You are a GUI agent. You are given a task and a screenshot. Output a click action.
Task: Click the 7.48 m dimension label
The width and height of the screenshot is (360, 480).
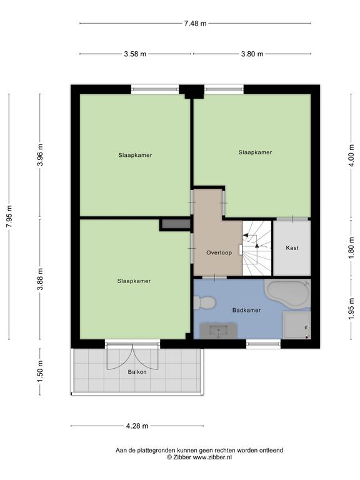[x=195, y=23]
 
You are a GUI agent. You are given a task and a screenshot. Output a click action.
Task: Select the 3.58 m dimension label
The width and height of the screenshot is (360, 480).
[x=135, y=54]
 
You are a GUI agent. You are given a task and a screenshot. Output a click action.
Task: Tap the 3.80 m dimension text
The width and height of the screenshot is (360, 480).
[x=252, y=54]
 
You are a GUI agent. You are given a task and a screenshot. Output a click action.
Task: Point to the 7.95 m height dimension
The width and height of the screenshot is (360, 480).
[x=9, y=216]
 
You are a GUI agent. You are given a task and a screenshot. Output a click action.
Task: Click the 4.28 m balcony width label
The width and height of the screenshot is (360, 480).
[x=137, y=426]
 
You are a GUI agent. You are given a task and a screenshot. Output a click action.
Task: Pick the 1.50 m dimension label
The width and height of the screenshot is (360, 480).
[x=40, y=371]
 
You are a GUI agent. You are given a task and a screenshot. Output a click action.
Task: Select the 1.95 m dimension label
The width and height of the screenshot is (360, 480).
[x=351, y=309]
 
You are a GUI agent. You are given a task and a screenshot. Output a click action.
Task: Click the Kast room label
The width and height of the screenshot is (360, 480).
[x=292, y=248]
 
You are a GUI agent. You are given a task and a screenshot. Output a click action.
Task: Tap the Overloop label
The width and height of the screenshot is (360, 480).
[x=219, y=252]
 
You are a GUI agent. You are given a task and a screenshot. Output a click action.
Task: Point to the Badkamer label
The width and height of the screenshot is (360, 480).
[x=246, y=310]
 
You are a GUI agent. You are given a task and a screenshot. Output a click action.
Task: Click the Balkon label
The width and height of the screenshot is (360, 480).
[x=137, y=372]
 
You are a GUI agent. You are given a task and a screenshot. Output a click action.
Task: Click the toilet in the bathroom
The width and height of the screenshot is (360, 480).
[x=204, y=302]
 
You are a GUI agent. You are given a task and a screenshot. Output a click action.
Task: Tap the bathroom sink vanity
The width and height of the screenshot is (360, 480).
[x=219, y=331]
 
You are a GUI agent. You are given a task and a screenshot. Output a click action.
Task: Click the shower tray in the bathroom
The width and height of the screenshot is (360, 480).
[x=296, y=325]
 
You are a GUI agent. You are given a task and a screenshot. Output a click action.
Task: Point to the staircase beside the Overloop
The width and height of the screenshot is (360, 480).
[x=257, y=248]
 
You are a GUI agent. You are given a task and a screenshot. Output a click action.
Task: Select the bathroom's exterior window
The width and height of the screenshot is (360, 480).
[x=263, y=344]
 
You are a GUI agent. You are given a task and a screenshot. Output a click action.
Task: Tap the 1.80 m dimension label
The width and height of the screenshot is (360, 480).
[x=351, y=248]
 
